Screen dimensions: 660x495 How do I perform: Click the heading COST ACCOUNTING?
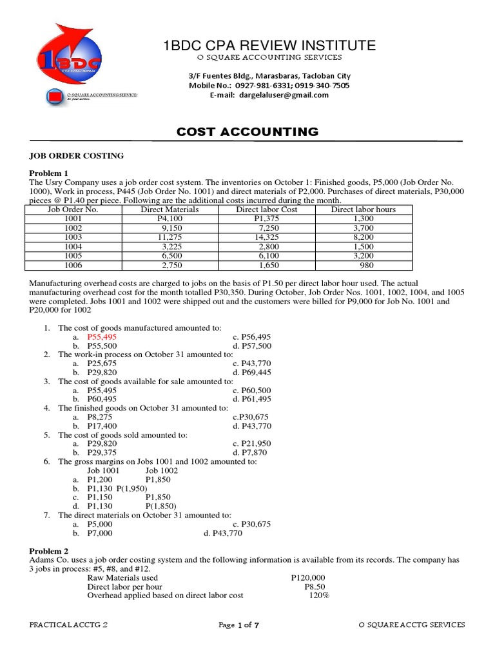pos(247,132)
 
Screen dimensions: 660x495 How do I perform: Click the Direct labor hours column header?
pos(363,209)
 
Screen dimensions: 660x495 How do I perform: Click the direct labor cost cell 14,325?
pos(266,237)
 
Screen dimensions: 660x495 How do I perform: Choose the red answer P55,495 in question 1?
pos(102,336)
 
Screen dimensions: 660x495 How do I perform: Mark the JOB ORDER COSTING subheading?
pos(77,156)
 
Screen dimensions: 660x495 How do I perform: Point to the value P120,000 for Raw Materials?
pos(308,577)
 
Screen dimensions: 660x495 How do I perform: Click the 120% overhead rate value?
pos(318,596)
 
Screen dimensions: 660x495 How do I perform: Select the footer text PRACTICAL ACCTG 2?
pos(68,625)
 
